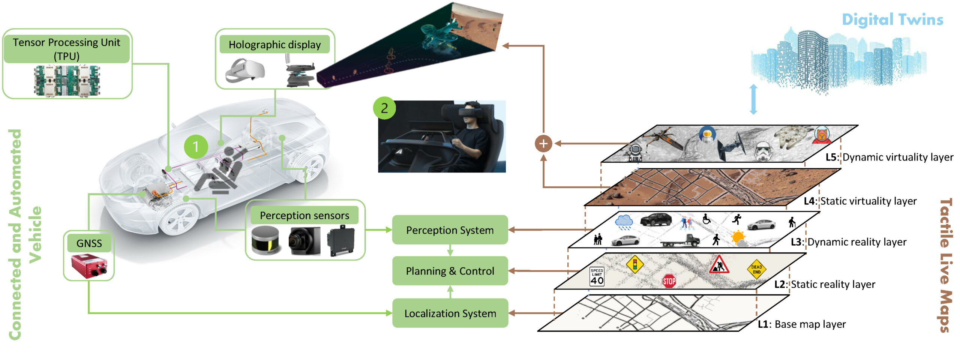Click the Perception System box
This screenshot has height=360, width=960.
click(x=450, y=230)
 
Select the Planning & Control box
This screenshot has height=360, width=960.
click(x=450, y=271)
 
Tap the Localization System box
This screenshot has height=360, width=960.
click(x=450, y=313)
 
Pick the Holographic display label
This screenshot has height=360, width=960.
click(x=274, y=45)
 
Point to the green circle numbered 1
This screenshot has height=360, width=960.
click(x=196, y=147)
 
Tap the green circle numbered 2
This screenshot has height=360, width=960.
click(x=384, y=108)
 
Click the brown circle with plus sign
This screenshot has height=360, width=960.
click(x=543, y=143)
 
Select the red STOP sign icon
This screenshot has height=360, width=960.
click(x=669, y=281)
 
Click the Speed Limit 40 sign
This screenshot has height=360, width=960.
click(x=597, y=277)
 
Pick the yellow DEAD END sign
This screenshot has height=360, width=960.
click(x=756, y=269)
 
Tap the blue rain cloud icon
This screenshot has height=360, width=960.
click(x=624, y=222)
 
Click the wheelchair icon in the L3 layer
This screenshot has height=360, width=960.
click(x=706, y=219)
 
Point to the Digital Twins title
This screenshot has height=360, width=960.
click(x=892, y=19)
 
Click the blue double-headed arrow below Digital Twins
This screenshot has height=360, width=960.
click(x=753, y=99)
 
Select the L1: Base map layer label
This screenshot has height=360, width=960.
click(x=802, y=324)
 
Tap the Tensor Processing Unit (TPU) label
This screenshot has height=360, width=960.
click(x=67, y=49)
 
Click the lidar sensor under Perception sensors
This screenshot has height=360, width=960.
click(x=265, y=240)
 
